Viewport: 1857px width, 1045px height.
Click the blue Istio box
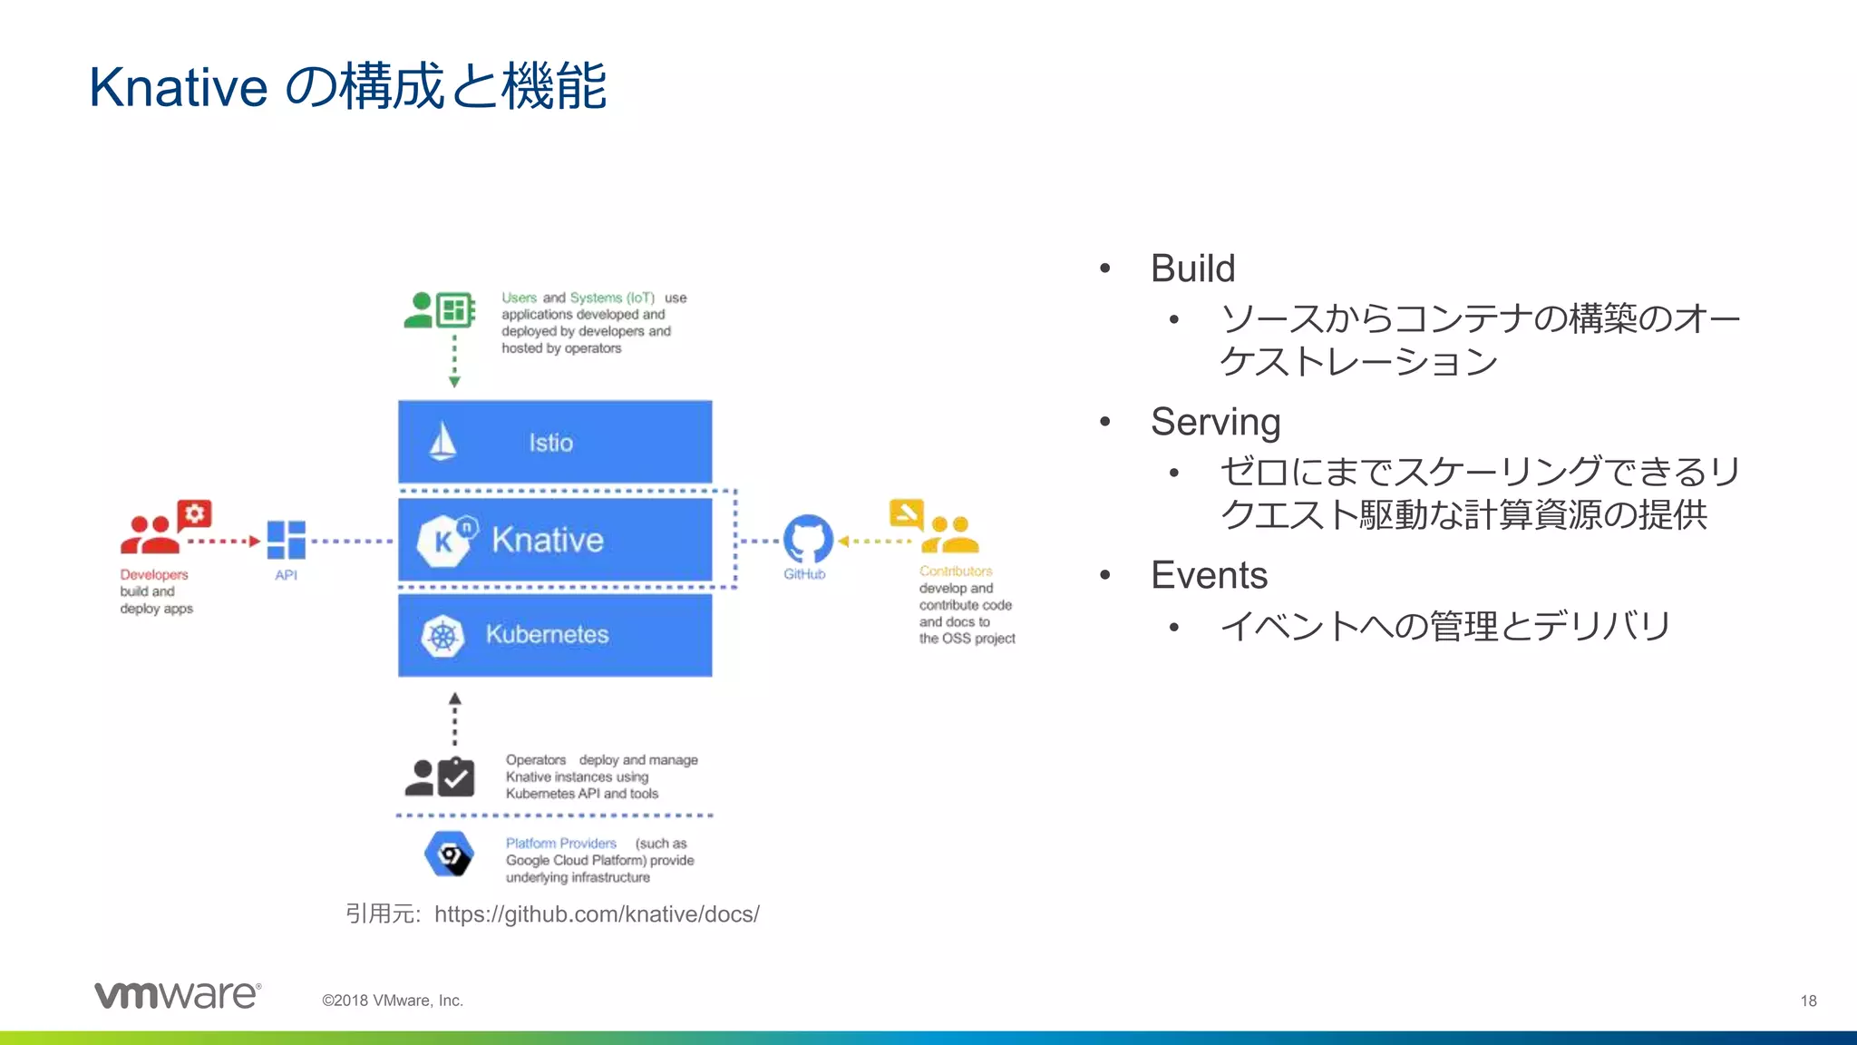(x=555, y=442)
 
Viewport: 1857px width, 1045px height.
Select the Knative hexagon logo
(x=444, y=541)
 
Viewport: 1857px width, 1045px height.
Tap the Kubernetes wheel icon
(x=442, y=636)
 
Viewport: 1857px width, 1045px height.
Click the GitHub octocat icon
(x=807, y=540)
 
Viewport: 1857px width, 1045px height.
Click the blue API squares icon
(x=287, y=540)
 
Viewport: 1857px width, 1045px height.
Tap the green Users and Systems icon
(x=440, y=310)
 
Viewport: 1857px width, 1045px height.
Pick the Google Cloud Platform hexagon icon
(x=449, y=855)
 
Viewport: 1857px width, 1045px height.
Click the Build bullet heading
(x=1192, y=269)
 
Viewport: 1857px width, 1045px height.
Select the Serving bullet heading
(x=1215, y=422)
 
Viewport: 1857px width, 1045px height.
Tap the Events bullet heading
(x=1209, y=575)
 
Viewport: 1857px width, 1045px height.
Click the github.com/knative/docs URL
(x=597, y=914)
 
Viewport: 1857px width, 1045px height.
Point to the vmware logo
(x=178, y=995)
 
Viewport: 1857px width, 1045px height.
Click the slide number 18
(x=1808, y=1001)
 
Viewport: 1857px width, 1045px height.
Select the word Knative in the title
(x=179, y=88)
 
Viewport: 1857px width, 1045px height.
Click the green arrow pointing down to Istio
(x=454, y=363)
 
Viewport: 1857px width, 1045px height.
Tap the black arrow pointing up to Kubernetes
(x=455, y=717)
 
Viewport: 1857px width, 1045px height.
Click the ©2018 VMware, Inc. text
(x=393, y=1001)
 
